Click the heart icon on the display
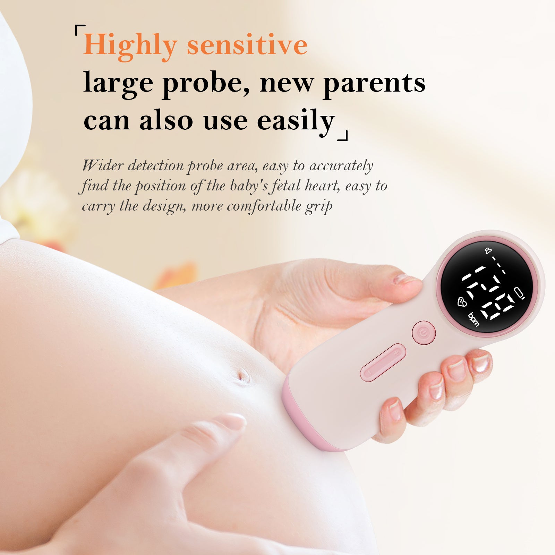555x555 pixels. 462,302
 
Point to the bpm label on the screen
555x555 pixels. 473,319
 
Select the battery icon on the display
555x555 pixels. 520,293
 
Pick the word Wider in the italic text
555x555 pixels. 103,165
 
